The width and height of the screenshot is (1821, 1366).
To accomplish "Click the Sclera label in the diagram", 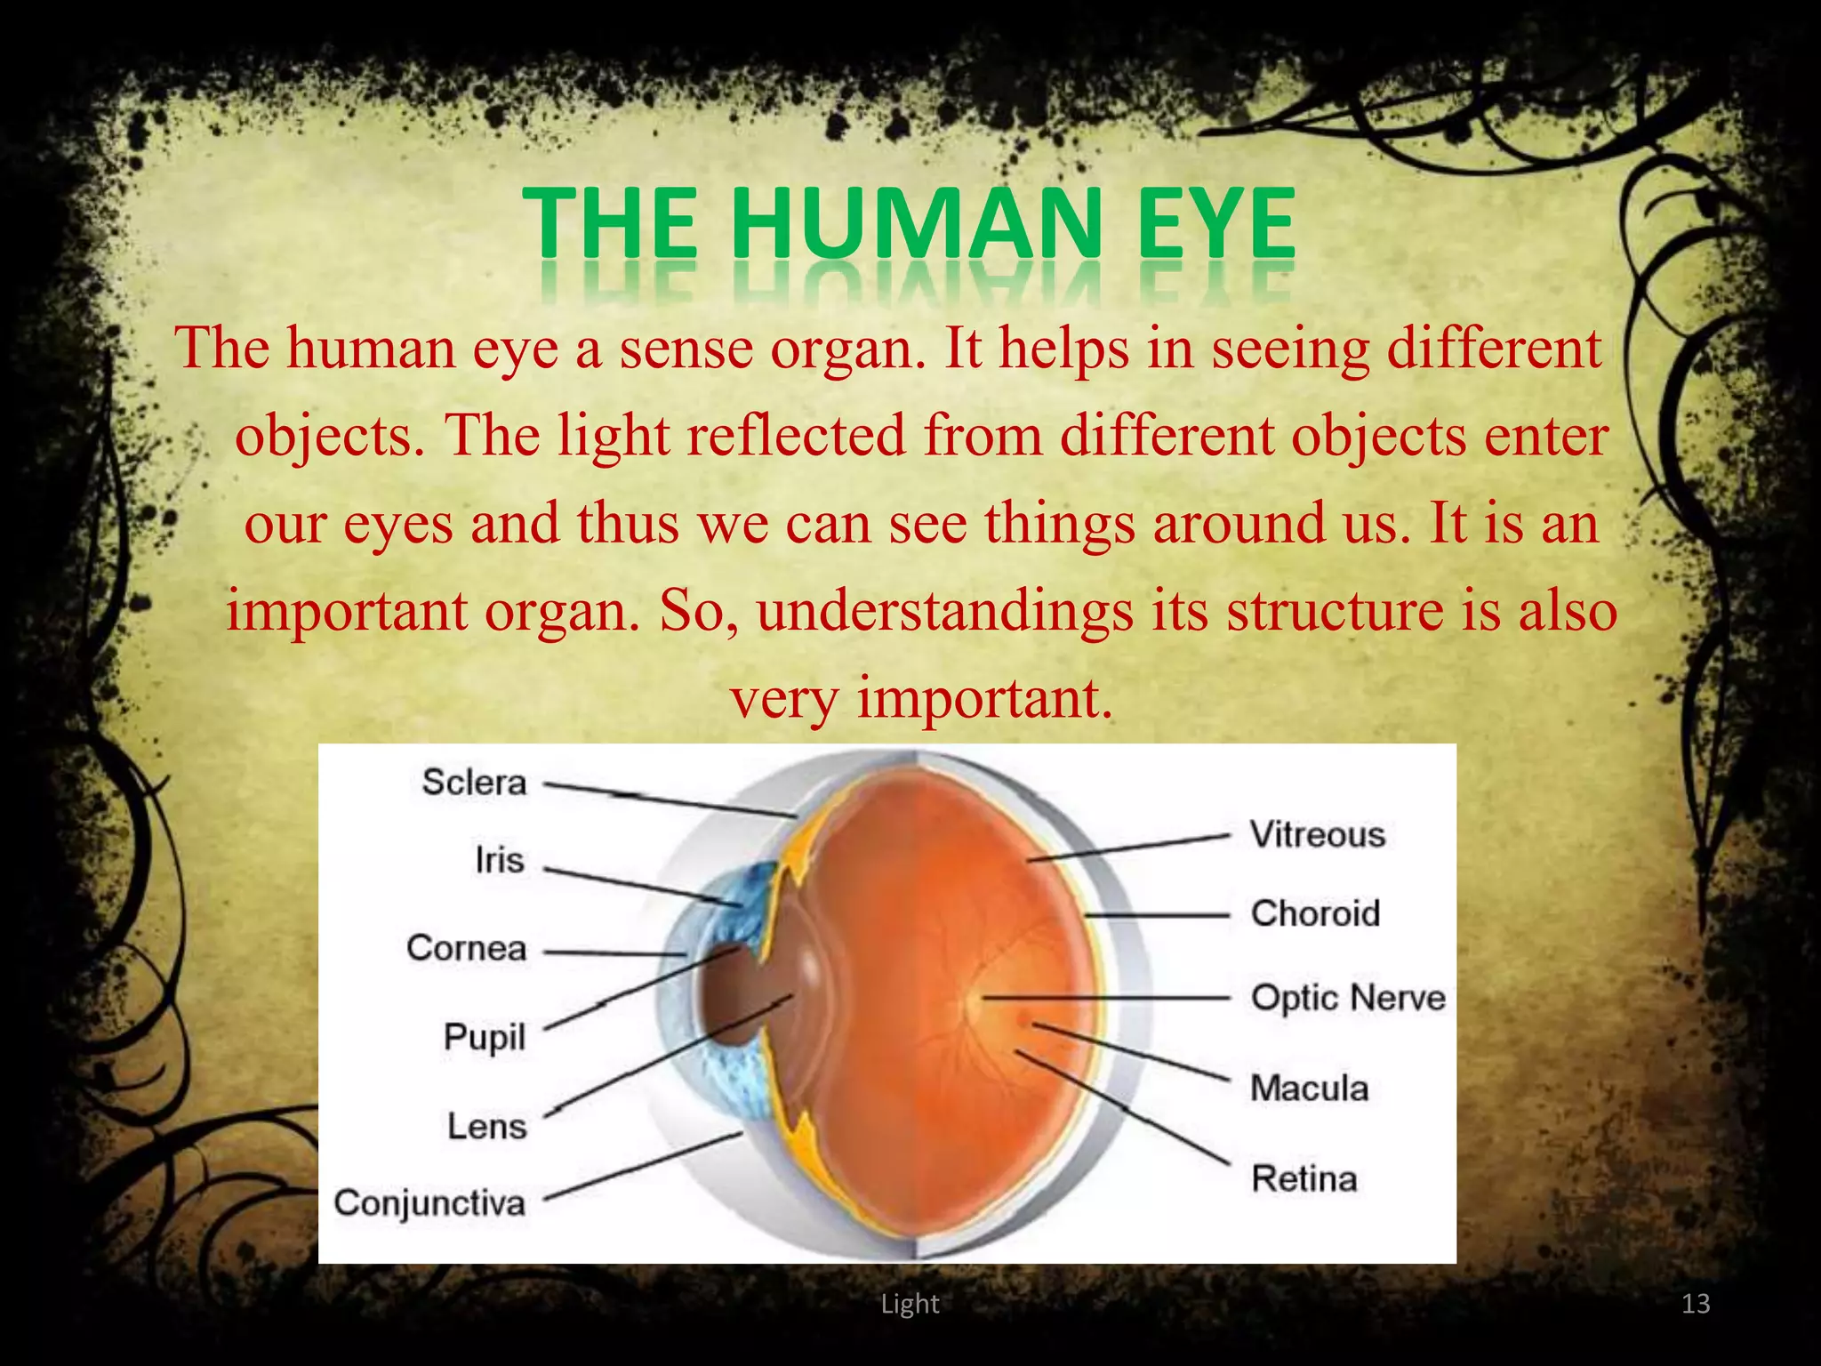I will coord(474,783).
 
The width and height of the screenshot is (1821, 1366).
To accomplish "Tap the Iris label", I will coord(499,860).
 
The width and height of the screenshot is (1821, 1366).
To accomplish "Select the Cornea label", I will coord(467,948).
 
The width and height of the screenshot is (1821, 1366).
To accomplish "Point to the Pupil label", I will coord(485,1037).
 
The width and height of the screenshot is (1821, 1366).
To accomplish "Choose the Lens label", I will coord(487,1126).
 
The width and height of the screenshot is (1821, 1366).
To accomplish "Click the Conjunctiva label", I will coord(429,1203).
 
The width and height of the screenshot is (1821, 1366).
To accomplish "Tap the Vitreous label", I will coord(1318,834).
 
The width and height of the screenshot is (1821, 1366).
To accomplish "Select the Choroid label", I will coord(1315,913).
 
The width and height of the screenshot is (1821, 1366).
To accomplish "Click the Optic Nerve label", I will coord(1348,998).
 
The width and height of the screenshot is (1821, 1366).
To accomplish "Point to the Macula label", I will coord(1309,1088).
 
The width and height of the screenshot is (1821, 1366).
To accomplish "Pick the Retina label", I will coord(1304,1178).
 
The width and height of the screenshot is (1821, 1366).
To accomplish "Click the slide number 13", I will coord(1696,1304).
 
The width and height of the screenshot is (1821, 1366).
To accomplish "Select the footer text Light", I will coord(910,1304).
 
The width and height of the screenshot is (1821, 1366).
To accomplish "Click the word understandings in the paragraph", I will coord(945,612).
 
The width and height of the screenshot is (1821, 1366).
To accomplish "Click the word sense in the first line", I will coord(686,349).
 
